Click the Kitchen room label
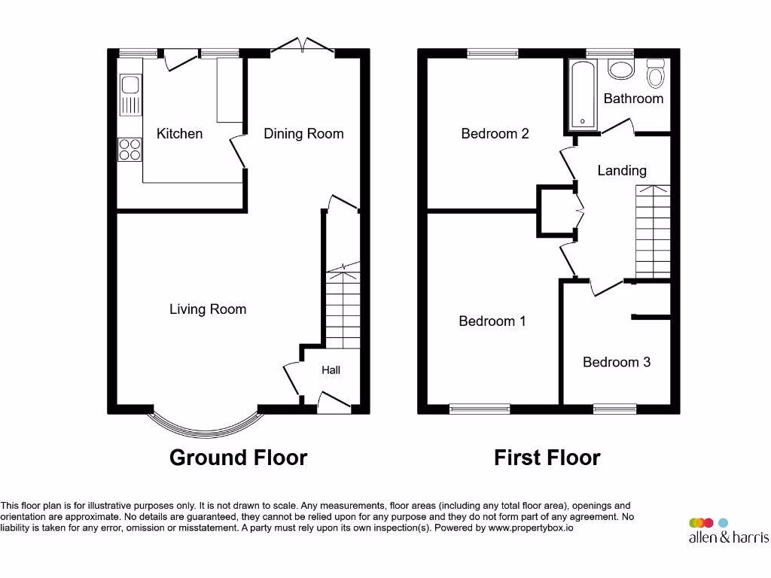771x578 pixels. pos(179,134)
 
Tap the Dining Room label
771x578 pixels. pos(303,134)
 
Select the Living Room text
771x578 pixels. pos(208,309)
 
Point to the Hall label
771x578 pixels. pos(331,370)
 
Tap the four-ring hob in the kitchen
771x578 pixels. pos(130,150)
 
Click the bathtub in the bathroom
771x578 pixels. pos(584,95)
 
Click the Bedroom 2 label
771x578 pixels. pos(495,134)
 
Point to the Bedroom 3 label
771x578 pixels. pos(617,363)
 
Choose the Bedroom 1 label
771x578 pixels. pos(492,321)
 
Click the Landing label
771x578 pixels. pos(622,171)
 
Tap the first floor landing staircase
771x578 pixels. pos(653,232)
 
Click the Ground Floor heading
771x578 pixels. pos(238,458)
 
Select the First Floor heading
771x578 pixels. pos(547,458)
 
